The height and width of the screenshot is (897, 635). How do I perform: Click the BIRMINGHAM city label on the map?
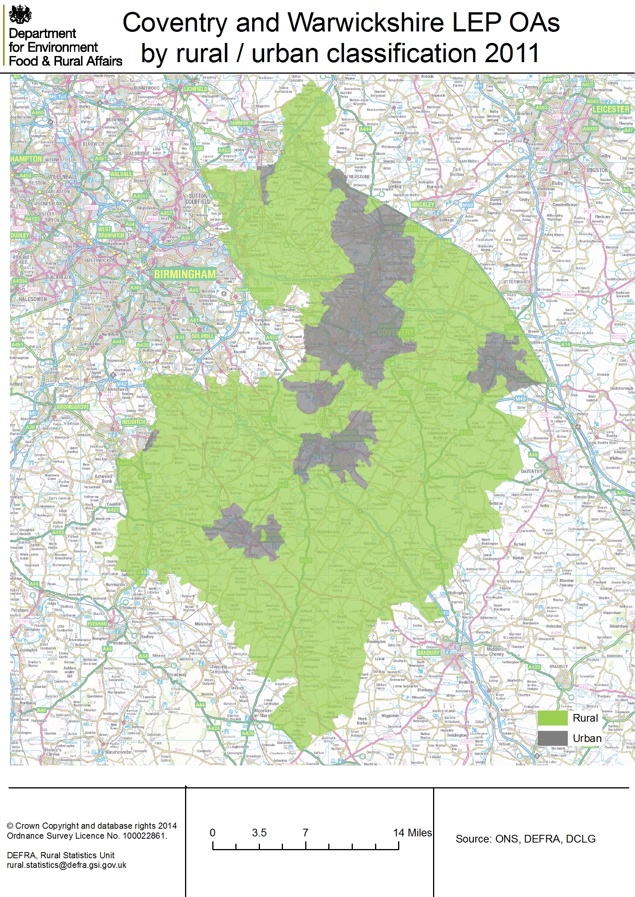tap(185, 274)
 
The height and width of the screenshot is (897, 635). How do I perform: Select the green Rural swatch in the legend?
tap(552, 718)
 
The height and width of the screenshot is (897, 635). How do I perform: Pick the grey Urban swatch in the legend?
tap(552, 738)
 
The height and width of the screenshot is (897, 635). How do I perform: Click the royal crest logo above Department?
tap(20, 15)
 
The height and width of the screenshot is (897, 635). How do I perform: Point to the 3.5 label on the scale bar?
tap(259, 833)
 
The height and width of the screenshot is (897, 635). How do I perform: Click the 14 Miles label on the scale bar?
tap(412, 833)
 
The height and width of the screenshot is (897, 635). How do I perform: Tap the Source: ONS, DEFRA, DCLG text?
tap(525, 839)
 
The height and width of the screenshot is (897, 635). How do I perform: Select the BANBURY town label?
tap(428, 653)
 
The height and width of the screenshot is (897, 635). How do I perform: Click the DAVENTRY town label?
tap(531, 472)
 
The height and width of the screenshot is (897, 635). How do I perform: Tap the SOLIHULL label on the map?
tap(203, 336)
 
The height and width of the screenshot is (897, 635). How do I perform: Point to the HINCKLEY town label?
tap(423, 204)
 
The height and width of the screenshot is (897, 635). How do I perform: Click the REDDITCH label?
tap(134, 422)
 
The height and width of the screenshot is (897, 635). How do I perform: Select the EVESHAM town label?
tap(97, 624)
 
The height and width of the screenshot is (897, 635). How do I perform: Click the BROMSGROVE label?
tap(73, 407)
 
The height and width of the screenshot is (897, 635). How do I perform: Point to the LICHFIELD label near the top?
tap(195, 89)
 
